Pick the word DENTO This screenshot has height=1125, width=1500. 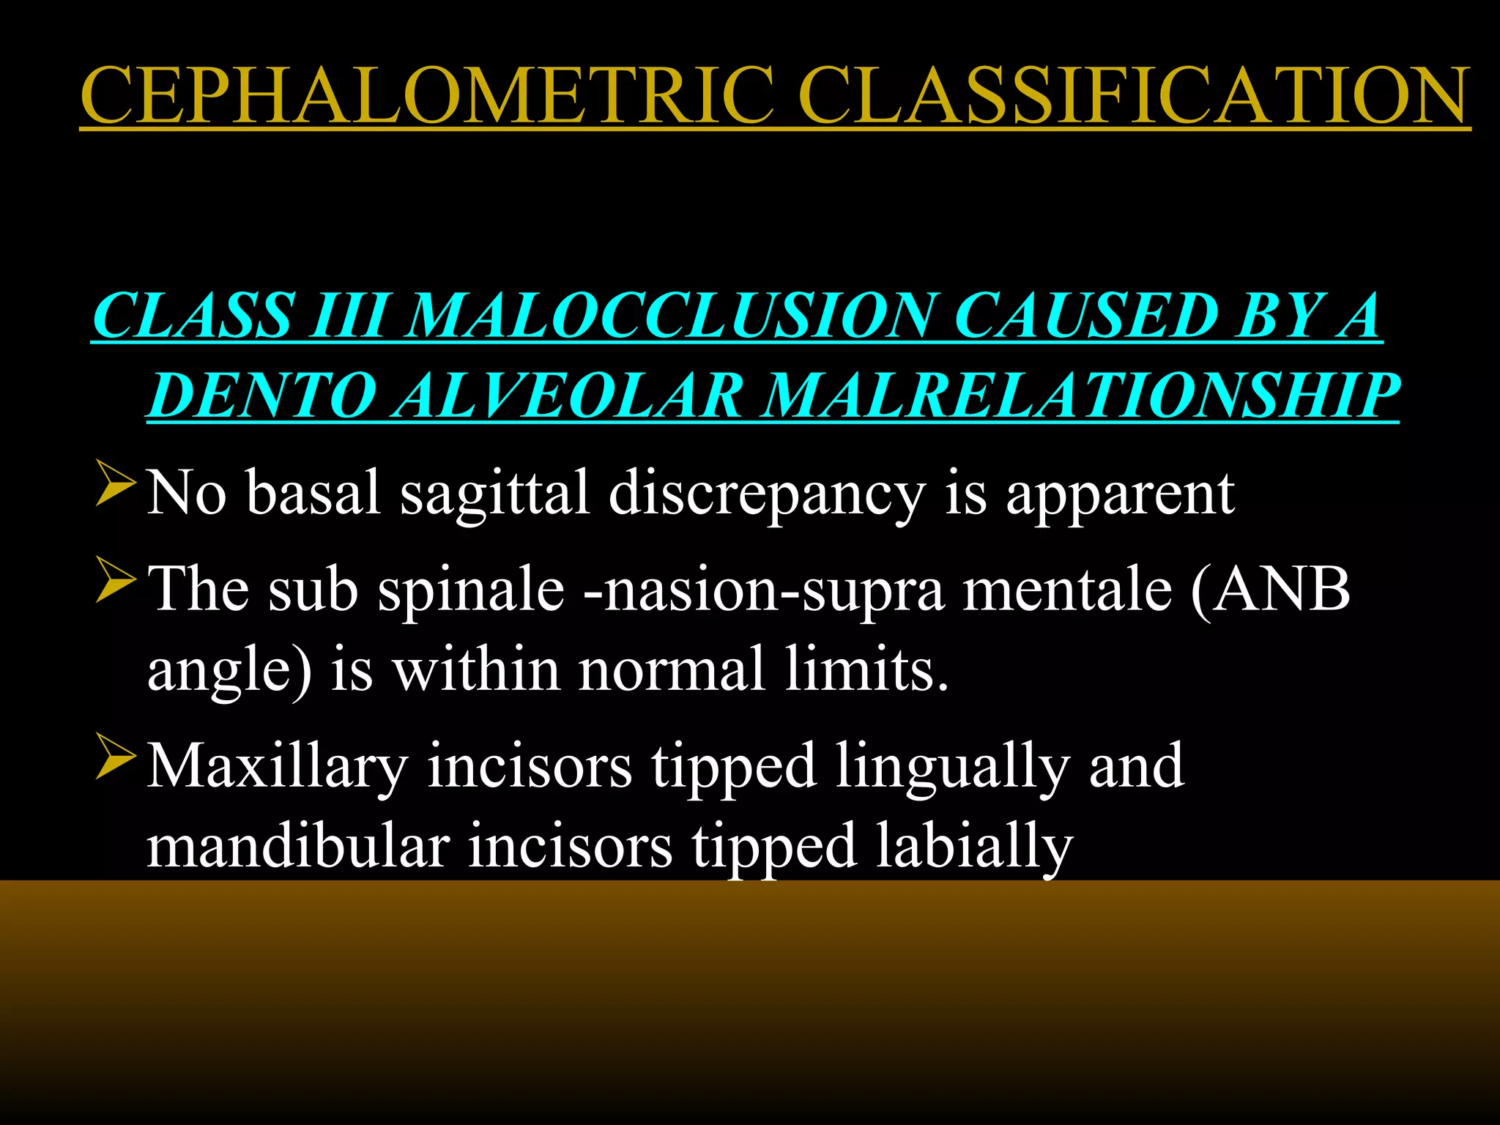(260, 396)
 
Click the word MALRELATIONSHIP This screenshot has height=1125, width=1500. (1080, 396)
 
